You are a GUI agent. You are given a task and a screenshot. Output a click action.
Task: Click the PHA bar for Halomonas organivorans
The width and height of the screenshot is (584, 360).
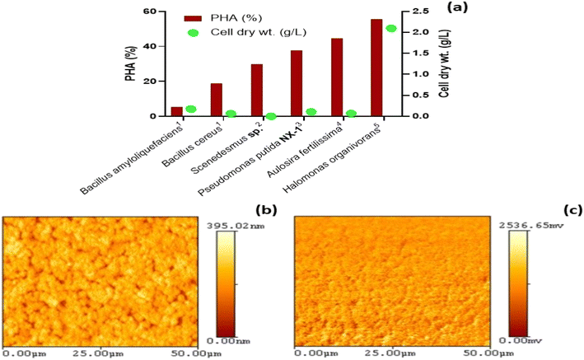376,68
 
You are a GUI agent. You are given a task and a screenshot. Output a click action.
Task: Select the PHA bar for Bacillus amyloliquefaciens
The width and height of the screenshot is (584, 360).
177,111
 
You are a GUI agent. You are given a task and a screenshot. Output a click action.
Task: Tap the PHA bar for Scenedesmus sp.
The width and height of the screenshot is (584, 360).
257,90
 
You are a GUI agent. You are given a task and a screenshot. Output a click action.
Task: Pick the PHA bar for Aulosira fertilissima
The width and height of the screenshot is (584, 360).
337,77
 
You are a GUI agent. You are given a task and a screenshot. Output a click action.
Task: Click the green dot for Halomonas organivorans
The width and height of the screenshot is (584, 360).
391,28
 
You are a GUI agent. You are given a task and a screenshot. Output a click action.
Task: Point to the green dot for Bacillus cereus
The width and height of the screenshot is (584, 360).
231,114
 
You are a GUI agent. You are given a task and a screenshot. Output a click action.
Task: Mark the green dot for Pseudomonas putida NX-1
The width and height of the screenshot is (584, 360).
311,112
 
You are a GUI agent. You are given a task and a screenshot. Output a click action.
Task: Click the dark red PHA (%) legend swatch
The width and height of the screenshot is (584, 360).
193,18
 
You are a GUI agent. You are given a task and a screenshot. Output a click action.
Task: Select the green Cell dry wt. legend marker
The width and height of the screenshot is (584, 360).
193,33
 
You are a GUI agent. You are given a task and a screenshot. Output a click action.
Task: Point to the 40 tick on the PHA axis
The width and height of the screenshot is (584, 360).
149,47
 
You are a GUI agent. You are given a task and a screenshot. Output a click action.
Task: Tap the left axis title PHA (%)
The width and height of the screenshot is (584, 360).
130,63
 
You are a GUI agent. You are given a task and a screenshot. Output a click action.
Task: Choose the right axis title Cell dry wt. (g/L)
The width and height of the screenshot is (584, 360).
444,63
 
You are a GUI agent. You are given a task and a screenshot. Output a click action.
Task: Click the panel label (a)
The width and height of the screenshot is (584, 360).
457,7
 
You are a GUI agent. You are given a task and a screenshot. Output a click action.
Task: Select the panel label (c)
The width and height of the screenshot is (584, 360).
572,211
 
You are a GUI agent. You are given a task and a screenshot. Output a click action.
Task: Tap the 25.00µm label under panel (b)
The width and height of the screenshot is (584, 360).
100,353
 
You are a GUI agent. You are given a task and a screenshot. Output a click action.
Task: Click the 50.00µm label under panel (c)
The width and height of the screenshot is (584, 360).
490,353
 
